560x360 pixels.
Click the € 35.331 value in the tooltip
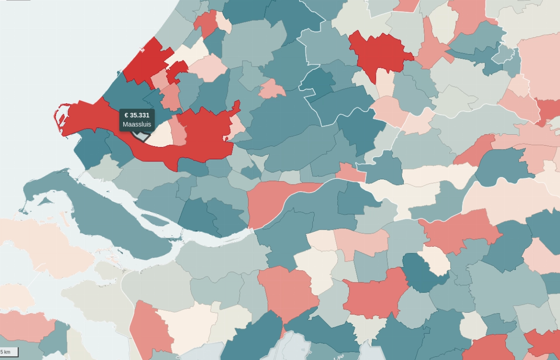(x=137, y=115)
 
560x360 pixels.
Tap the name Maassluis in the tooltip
(x=137, y=124)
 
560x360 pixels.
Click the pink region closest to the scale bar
(x=26, y=326)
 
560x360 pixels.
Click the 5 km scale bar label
(x=5, y=352)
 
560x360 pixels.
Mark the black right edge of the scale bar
(x=18, y=352)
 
